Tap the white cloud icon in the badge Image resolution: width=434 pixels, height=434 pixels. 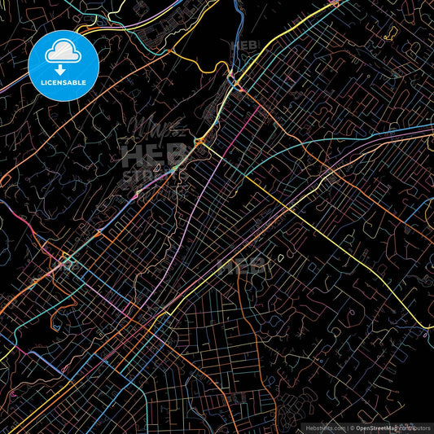click(x=63, y=52)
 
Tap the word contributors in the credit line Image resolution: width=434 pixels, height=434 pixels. click(x=414, y=427)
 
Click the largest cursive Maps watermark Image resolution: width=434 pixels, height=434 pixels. click(x=155, y=130)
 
